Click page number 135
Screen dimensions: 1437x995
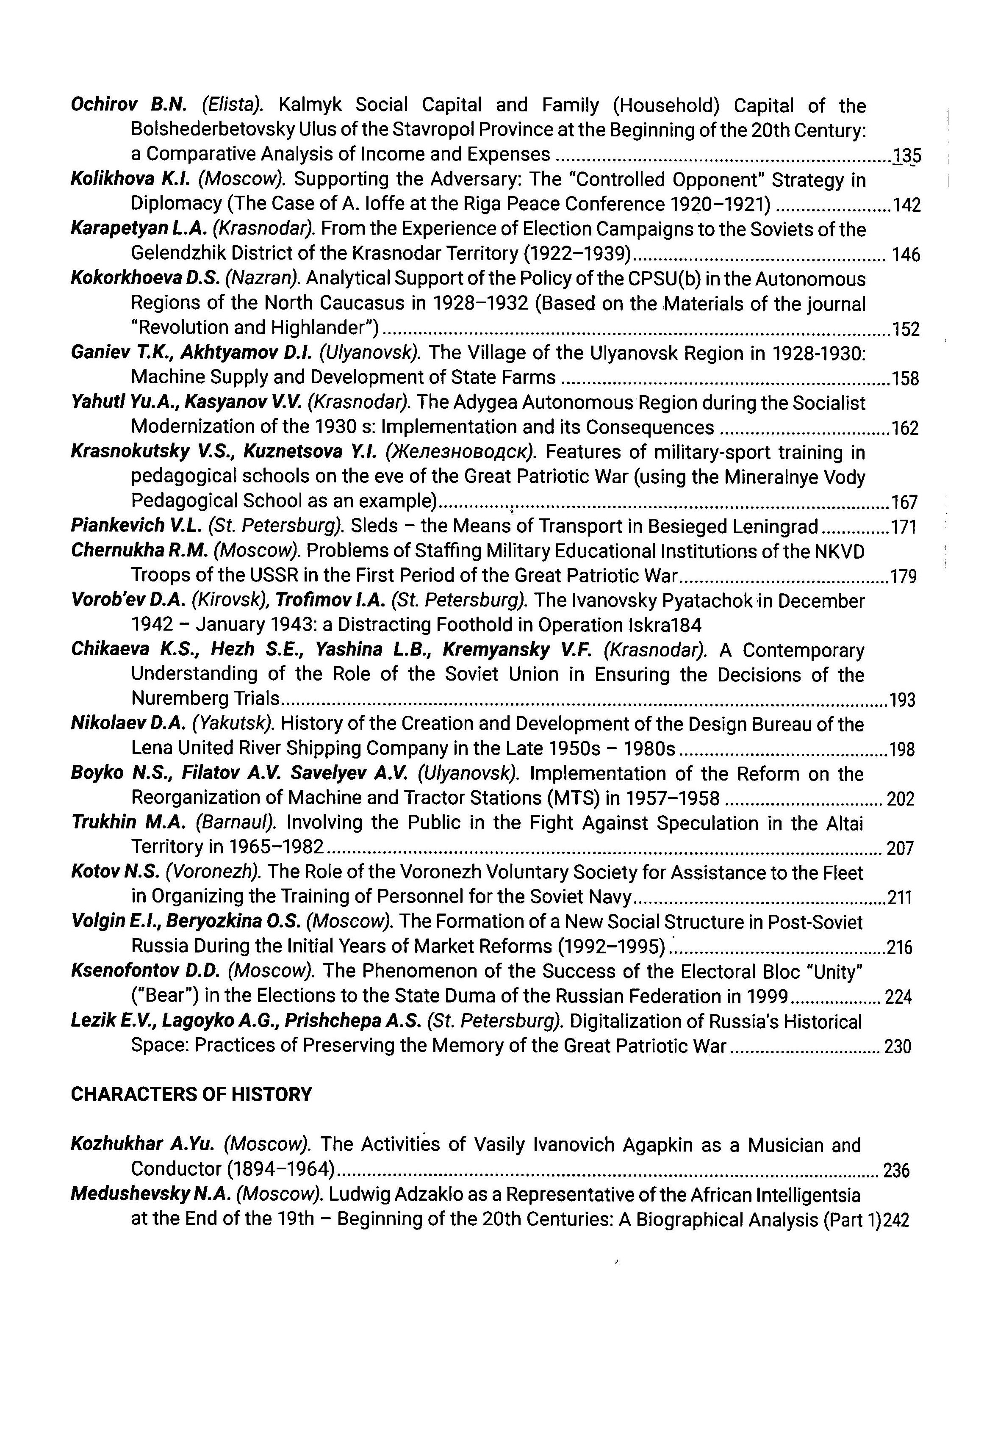point(906,155)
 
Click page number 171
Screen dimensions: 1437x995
point(904,527)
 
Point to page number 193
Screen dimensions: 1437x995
point(902,701)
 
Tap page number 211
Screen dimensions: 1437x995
point(900,898)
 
